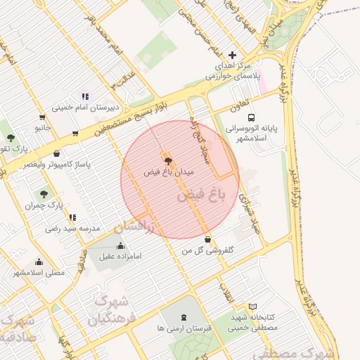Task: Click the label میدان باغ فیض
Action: pyautogui.click(x=169, y=172)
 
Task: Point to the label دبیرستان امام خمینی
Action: pyautogui.click(x=85, y=108)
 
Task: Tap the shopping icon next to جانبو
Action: pyautogui.click(x=43, y=118)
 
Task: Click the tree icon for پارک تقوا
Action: pyautogui.click(x=10, y=138)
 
